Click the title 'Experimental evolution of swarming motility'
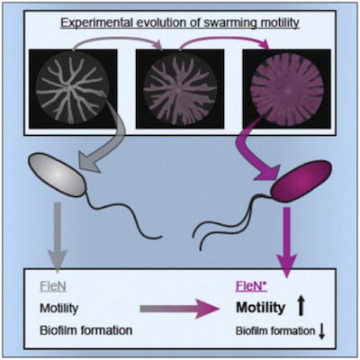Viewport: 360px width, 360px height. (x=180, y=23)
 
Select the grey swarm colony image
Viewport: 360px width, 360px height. (x=73, y=89)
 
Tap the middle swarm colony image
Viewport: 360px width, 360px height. (x=180, y=89)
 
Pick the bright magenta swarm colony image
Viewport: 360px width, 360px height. (x=287, y=89)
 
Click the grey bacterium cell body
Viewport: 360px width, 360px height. (x=57, y=175)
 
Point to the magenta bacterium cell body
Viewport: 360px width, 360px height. (x=301, y=181)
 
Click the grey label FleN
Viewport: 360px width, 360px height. (x=53, y=286)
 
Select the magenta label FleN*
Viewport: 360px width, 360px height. (x=251, y=286)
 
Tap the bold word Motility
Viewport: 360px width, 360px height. (x=260, y=308)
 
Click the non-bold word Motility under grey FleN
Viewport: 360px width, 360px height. (x=59, y=308)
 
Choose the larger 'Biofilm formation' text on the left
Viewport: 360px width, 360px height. (x=85, y=330)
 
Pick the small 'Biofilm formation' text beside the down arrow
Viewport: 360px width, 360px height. (x=275, y=331)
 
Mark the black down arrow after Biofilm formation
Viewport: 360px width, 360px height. (x=321, y=331)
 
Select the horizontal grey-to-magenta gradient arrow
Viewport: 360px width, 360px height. (x=179, y=309)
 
